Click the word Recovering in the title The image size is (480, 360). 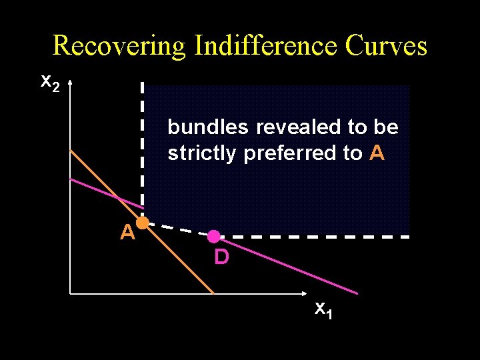coord(120,45)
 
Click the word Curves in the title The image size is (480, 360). coord(387,45)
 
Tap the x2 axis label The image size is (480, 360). coord(50,83)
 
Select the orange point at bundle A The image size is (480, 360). coord(142,223)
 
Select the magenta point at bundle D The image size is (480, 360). coord(213,236)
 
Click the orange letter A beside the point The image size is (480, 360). coord(127,233)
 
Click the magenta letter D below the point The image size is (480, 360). coord(221,257)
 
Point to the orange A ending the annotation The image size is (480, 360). coord(377,153)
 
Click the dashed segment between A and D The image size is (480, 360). coord(177,229)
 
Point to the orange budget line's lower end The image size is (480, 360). coord(213,292)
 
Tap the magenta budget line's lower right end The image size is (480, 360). coord(357,292)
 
